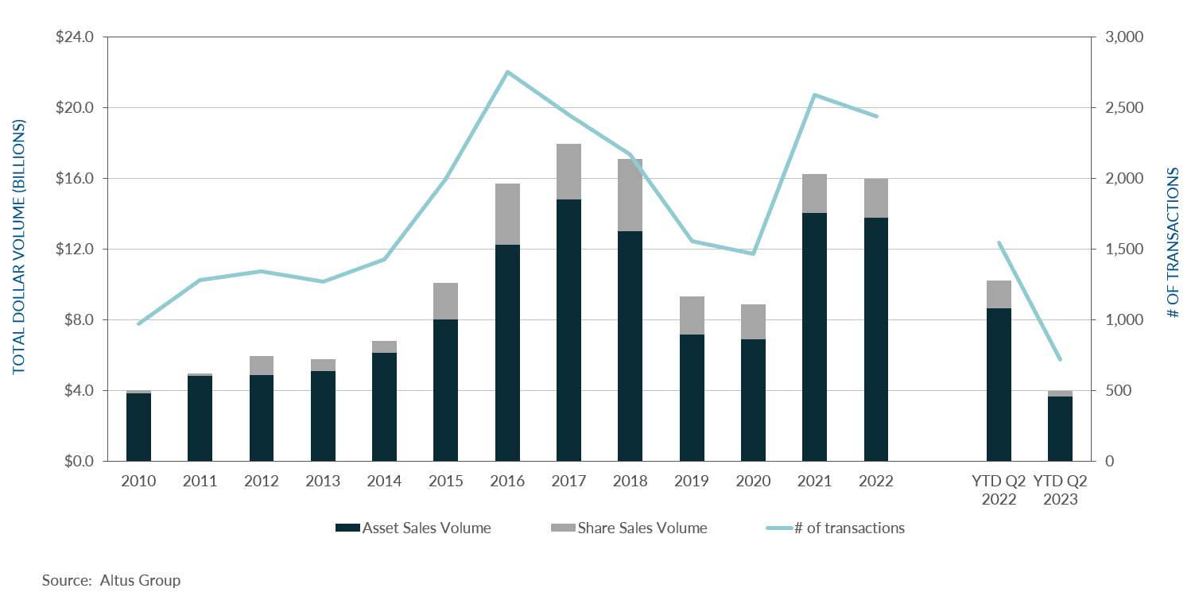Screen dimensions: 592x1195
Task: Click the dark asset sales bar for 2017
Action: click(568, 330)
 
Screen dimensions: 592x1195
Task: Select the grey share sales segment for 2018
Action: click(630, 195)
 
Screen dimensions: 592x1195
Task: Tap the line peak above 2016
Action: click(507, 72)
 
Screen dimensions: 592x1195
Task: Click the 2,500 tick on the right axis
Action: click(1119, 108)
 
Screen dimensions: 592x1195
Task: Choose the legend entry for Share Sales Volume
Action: click(642, 528)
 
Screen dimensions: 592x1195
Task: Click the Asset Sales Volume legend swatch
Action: click(347, 528)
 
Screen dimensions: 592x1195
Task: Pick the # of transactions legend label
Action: click(849, 528)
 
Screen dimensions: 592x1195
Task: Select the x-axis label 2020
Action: click(753, 482)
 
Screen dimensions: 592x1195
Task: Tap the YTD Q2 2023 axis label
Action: click(1060, 490)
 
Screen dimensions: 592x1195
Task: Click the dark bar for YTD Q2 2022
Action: click(999, 385)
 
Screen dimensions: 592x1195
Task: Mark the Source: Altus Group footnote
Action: click(111, 580)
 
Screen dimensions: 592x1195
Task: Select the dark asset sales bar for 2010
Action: click(138, 427)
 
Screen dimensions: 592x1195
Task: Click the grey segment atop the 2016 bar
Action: click(507, 214)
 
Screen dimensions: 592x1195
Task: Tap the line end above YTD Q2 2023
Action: click(1060, 359)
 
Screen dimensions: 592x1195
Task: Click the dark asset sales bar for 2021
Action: click(814, 337)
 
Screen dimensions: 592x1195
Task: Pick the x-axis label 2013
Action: click(323, 482)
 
